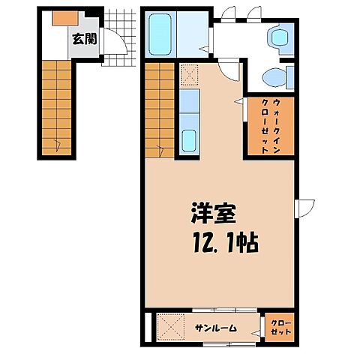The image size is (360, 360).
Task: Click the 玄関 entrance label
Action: [x=84, y=38]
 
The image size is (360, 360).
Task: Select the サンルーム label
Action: [x=216, y=327]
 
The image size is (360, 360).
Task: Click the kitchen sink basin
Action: [x=190, y=139]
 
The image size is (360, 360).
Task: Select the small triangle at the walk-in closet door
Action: [x=238, y=100]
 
